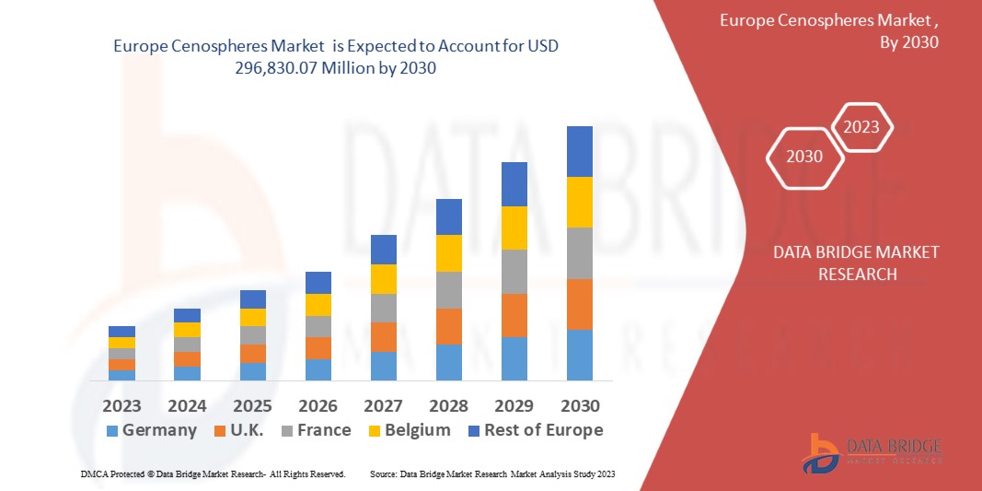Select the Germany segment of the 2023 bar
tap(121, 375)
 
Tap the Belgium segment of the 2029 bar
tap(514, 228)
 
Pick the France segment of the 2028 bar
tap(448, 289)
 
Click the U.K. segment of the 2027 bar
tap(383, 336)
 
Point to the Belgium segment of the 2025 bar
tap(252, 317)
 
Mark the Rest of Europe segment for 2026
tap(318, 282)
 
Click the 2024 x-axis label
tap(187, 405)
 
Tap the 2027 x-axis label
tap(383, 405)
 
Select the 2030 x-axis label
tap(579, 405)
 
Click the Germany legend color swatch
tap(112, 431)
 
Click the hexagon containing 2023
tap(861, 127)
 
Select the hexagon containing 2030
tap(804, 157)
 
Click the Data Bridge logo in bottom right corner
tap(871, 451)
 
